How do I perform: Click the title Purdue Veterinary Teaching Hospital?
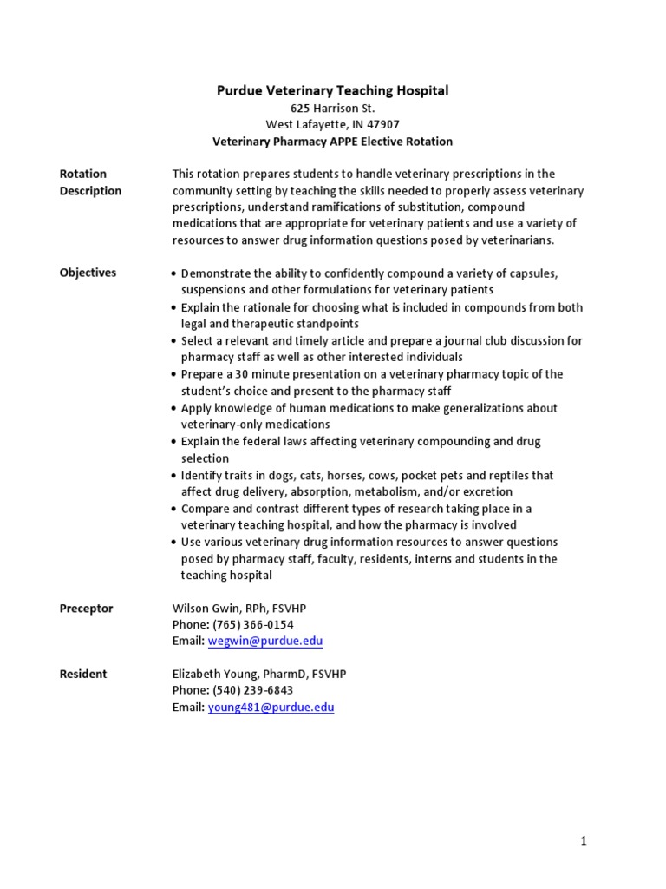point(332,90)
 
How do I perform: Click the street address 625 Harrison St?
point(332,108)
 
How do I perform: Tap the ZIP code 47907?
point(382,124)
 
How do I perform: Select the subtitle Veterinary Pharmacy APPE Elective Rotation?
point(332,141)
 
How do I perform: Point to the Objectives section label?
point(88,273)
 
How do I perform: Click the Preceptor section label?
point(86,609)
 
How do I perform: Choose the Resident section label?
point(83,674)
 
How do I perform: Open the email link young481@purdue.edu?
point(271,708)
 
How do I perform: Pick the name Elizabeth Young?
point(214,675)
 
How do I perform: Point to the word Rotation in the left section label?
point(83,174)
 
